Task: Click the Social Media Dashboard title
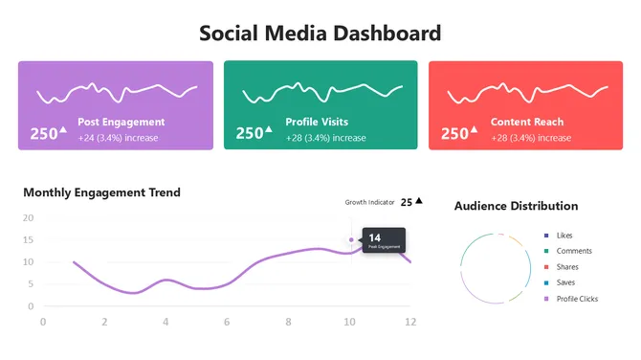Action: point(320,33)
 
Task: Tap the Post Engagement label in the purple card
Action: point(121,123)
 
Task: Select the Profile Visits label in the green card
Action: point(316,123)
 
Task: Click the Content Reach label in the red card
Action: point(526,123)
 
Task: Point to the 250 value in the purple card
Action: point(44,134)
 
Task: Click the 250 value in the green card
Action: point(250,134)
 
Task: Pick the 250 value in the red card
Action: point(454,134)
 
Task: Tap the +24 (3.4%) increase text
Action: point(118,138)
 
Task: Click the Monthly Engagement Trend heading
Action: point(101,192)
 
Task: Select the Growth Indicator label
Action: point(368,202)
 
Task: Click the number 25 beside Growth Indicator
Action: point(407,202)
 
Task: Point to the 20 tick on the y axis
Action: point(28,217)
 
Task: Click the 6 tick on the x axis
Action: point(227,321)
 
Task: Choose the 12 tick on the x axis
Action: point(410,321)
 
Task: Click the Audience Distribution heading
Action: point(516,206)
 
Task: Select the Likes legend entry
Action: point(564,235)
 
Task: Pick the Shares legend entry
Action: point(566,267)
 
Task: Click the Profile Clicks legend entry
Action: point(576,299)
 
